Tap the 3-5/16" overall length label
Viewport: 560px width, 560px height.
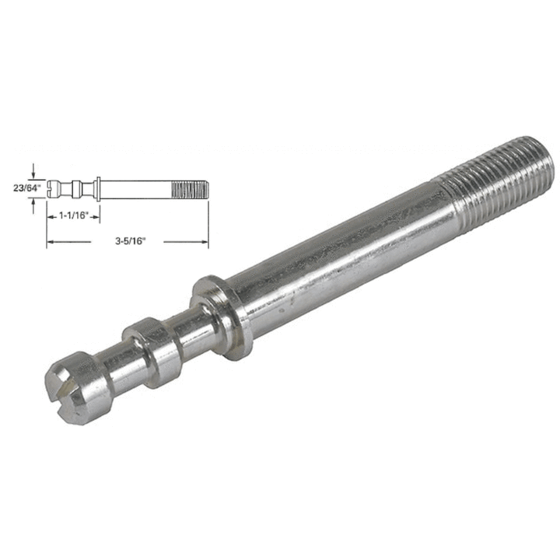click(x=128, y=243)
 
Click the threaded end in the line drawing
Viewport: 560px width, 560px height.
click(x=189, y=187)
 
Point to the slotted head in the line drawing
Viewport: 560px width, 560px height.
click(x=54, y=187)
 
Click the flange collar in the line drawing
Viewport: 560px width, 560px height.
click(x=98, y=187)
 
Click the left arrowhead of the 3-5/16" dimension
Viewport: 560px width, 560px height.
click(x=51, y=243)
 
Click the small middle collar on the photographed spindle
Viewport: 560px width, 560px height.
click(x=155, y=346)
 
